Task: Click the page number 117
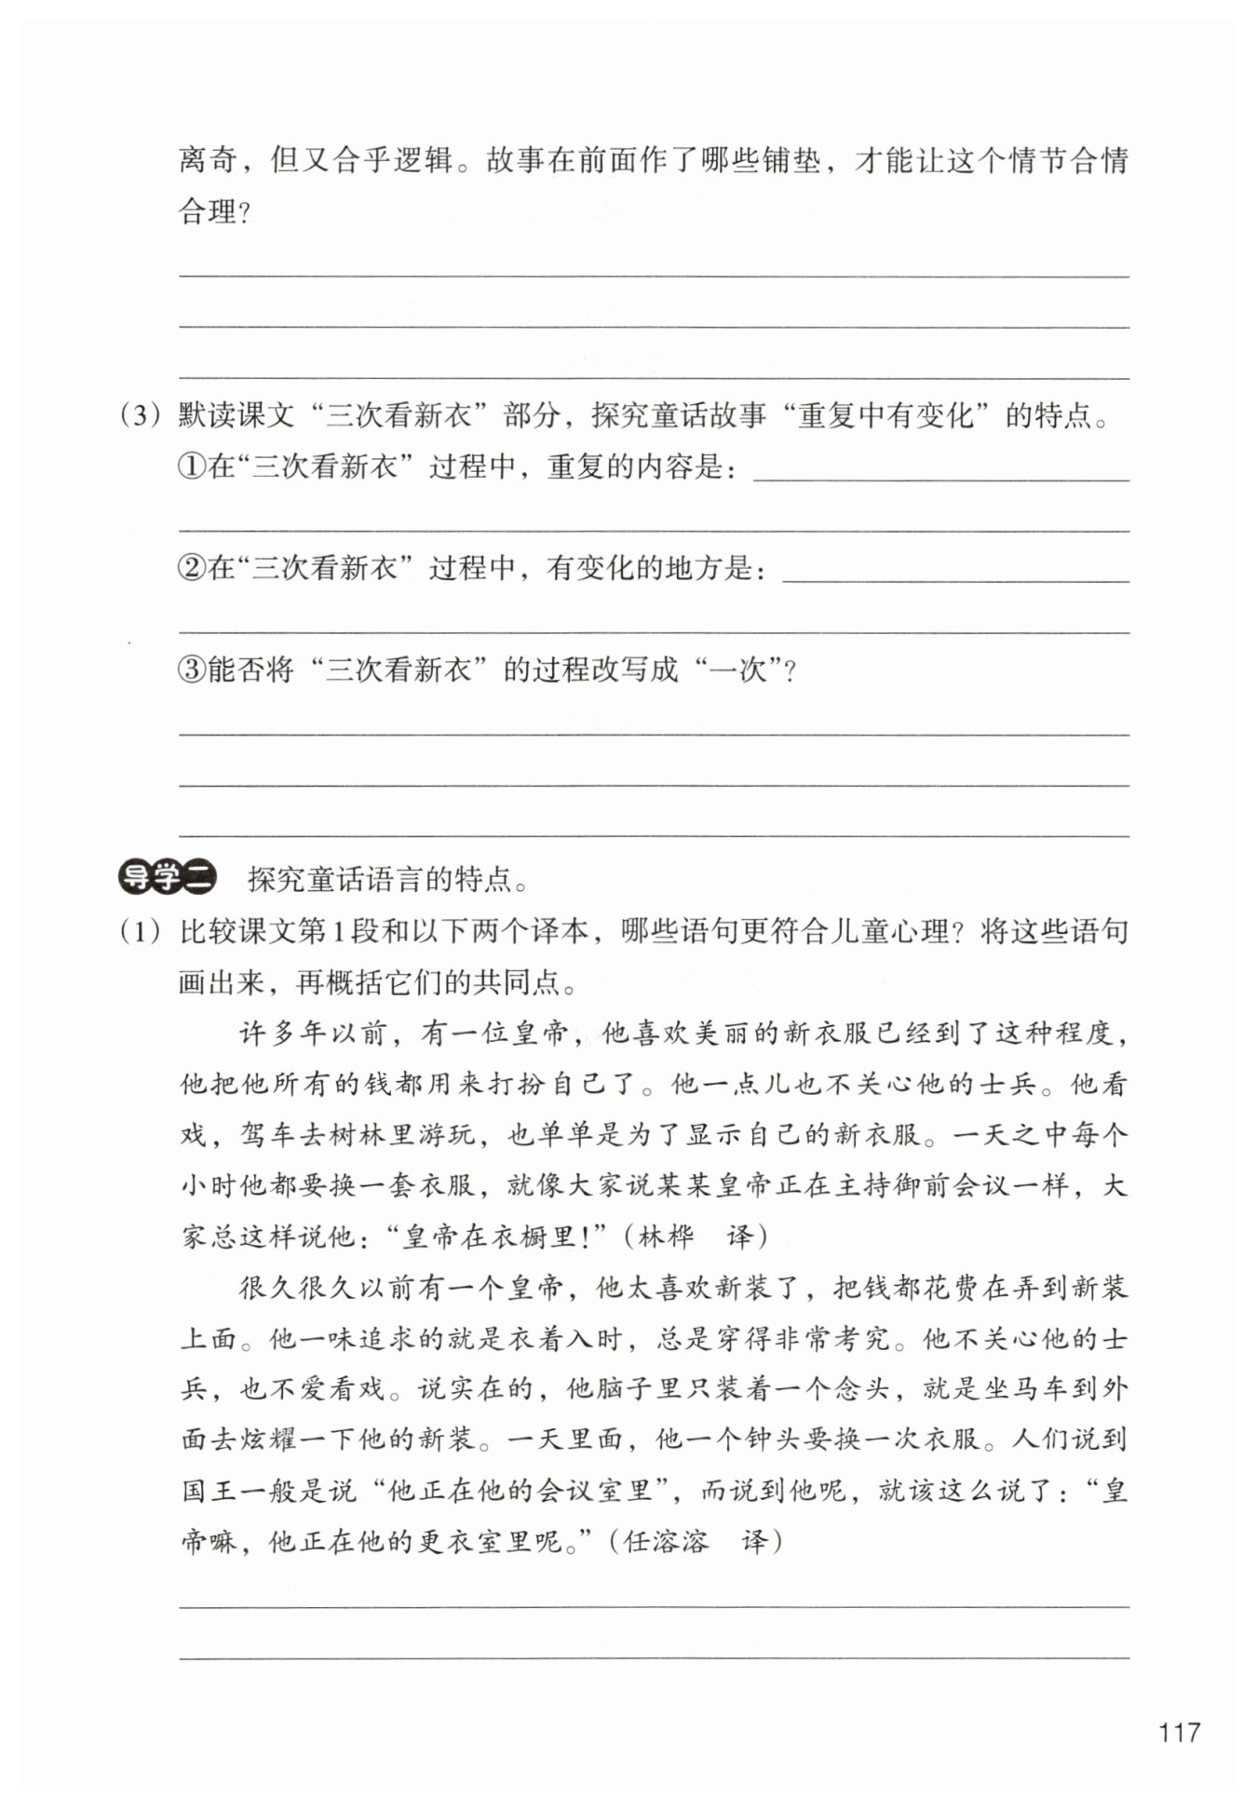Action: tap(1179, 1732)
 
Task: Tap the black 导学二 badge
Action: tap(168, 877)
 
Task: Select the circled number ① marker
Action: tap(191, 466)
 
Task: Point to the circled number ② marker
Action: tap(191, 567)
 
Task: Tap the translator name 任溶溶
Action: tap(666, 1541)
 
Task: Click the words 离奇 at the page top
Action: tap(208, 161)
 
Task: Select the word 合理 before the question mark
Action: tap(208, 212)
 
